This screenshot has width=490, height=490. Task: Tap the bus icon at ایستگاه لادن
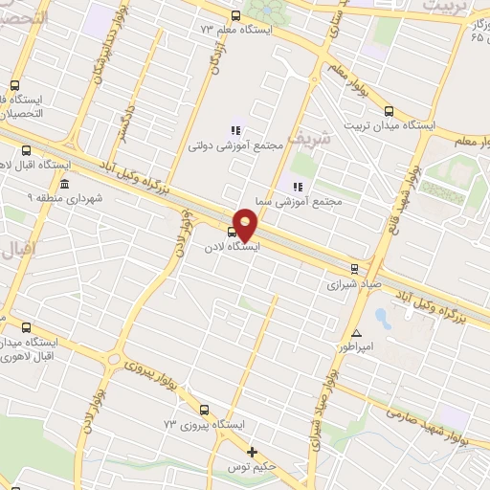(x=232, y=232)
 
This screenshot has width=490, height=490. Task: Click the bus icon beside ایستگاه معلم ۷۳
(x=236, y=15)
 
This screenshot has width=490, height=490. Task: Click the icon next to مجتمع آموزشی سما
(x=298, y=186)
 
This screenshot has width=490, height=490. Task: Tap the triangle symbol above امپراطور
(x=356, y=332)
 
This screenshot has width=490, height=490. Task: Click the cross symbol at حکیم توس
(x=253, y=452)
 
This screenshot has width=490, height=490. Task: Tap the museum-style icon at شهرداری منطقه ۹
(x=64, y=184)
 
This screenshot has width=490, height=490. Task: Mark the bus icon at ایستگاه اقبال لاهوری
(x=26, y=150)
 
